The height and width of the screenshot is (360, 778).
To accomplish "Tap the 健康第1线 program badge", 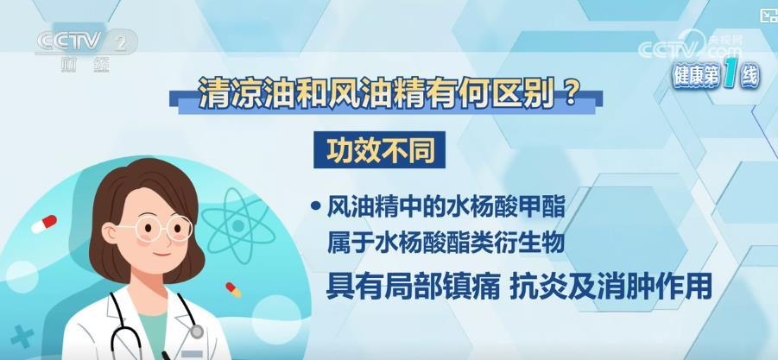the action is click(715, 76).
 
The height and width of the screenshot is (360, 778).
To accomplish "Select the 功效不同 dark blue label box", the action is click(380, 149).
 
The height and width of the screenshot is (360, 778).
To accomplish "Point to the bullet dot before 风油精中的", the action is click(314, 206).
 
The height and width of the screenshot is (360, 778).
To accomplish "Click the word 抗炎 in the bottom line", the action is click(534, 287).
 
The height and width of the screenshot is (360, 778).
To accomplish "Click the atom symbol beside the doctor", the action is click(238, 226).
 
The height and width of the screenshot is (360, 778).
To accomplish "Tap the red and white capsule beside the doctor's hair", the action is click(44, 224).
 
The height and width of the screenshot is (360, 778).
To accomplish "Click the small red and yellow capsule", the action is click(233, 289).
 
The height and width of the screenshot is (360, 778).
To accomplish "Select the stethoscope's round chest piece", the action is click(197, 332).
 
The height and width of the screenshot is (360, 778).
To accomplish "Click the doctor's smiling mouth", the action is click(161, 254).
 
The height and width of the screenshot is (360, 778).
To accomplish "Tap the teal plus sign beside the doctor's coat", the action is click(22, 336).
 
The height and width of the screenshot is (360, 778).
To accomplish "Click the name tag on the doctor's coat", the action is click(192, 354).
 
